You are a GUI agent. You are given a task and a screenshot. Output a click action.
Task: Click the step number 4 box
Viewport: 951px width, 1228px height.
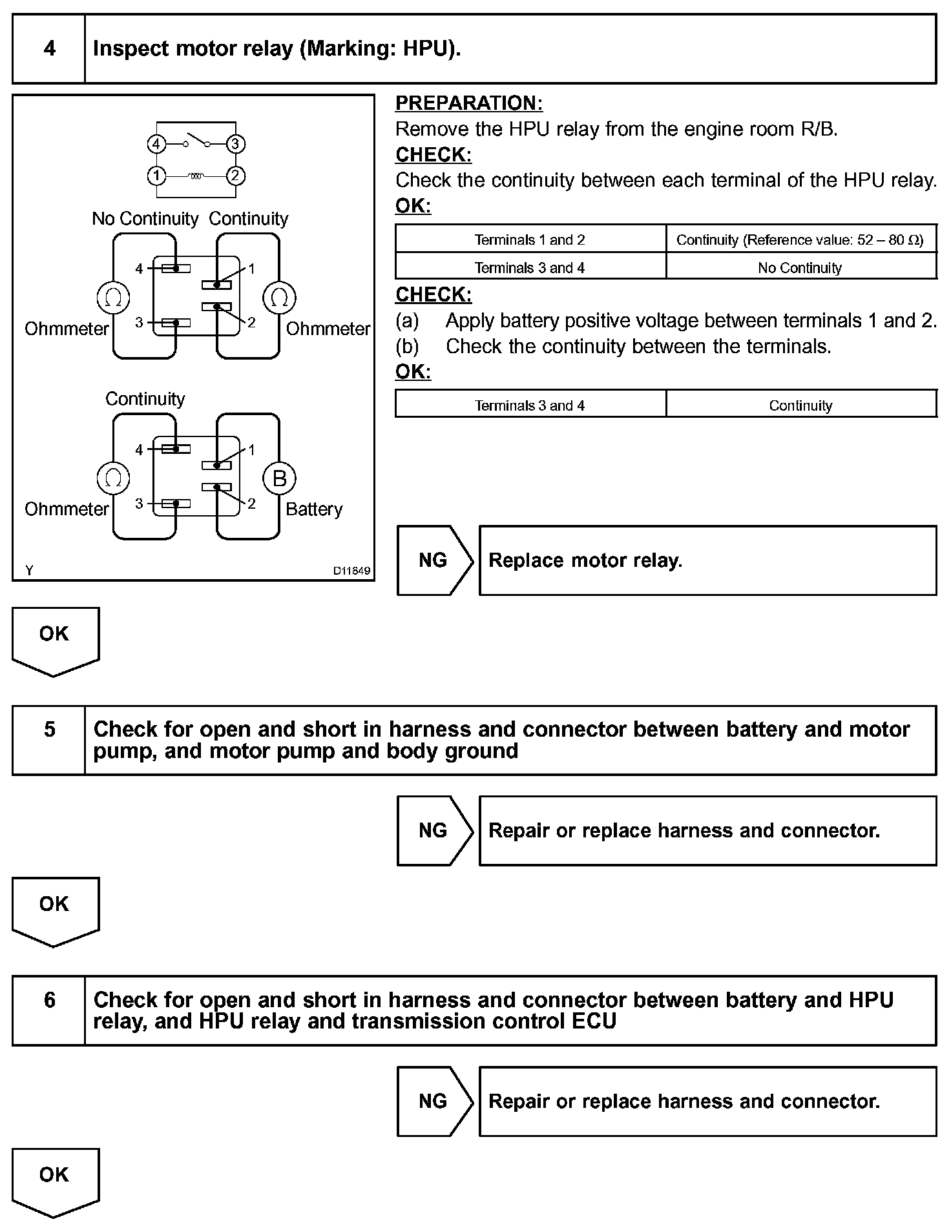(x=49, y=49)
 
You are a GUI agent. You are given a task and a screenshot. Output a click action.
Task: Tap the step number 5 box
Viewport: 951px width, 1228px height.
(x=49, y=740)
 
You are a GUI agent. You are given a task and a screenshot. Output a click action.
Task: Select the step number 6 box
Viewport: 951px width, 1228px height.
(x=49, y=1010)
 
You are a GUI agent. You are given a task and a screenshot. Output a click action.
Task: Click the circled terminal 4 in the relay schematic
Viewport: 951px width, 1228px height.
(x=156, y=144)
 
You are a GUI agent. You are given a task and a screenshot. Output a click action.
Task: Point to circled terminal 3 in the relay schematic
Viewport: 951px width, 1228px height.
(x=236, y=144)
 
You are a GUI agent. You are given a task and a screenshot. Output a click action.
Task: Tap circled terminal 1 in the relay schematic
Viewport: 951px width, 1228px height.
(x=156, y=176)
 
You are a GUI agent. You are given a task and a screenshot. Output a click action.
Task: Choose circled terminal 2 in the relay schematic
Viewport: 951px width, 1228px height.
(x=236, y=176)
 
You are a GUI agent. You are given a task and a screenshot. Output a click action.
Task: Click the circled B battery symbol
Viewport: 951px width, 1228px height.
(x=279, y=478)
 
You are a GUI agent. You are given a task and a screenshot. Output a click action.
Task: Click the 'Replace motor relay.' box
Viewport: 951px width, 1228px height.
(x=707, y=560)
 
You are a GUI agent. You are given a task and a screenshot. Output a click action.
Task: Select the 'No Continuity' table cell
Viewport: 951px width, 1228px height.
(x=800, y=268)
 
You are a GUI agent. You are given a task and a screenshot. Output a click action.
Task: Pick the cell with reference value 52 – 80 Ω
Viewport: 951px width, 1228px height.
(x=800, y=240)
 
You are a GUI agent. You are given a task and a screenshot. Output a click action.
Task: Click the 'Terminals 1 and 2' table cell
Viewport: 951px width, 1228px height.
(x=530, y=240)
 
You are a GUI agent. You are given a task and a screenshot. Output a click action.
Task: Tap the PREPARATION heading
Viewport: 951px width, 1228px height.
(x=469, y=103)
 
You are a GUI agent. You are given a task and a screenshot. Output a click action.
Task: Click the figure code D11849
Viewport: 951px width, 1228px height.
(x=351, y=571)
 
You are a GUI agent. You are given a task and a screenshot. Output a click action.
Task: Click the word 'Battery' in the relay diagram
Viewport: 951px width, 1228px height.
(x=314, y=509)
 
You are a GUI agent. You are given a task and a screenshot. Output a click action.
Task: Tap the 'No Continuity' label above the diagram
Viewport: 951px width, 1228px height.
(x=145, y=219)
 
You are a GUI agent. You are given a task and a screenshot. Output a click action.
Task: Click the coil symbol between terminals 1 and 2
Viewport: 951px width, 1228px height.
(x=196, y=176)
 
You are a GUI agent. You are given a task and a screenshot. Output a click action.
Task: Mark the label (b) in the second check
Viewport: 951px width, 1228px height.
(x=407, y=347)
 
